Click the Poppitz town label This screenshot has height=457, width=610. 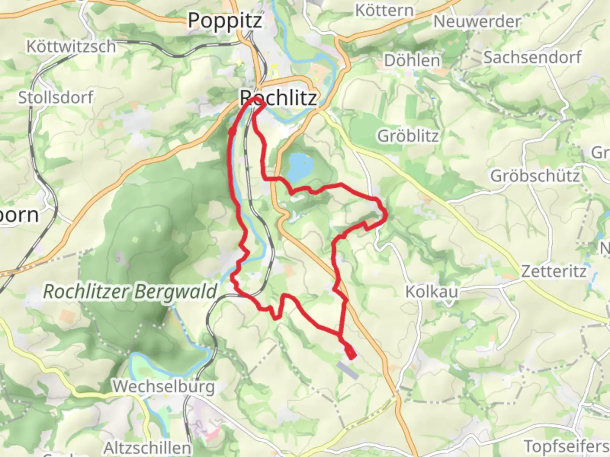[x=225, y=21]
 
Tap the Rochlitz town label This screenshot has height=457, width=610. [x=278, y=98]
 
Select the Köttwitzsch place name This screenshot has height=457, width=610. [x=71, y=46]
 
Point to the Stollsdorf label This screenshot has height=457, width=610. [x=55, y=98]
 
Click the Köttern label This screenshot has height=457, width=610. [x=384, y=10]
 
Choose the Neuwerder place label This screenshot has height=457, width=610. [x=477, y=22]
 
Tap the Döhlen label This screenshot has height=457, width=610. [x=412, y=61]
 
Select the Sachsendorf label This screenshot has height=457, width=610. [x=532, y=57]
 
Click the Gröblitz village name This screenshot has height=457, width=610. [x=408, y=136]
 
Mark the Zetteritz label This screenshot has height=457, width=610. [x=554, y=271]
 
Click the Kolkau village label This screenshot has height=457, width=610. [x=432, y=292]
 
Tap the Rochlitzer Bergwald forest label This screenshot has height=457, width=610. [x=130, y=292]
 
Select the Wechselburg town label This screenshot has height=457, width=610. [x=163, y=386]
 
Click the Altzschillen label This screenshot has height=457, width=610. [x=147, y=447]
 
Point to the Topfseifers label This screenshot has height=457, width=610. [x=566, y=446]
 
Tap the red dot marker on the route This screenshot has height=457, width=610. [x=232, y=132]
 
